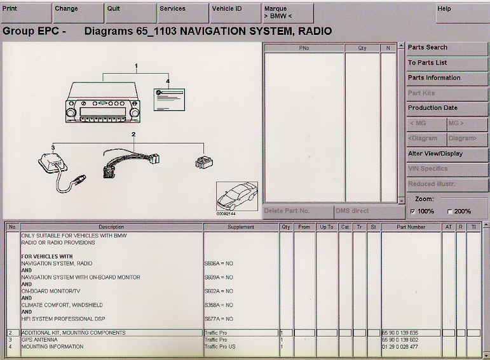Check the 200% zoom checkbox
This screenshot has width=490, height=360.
click(x=451, y=211)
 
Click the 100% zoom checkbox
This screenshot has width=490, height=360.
click(x=413, y=211)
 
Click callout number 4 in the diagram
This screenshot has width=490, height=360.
click(x=168, y=81)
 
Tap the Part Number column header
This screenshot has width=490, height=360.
click(x=411, y=227)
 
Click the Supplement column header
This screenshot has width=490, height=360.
click(x=241, y=227)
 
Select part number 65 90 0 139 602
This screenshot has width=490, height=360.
click(x=400, y=340)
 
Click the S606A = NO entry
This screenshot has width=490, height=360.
click(x=219, y=263)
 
